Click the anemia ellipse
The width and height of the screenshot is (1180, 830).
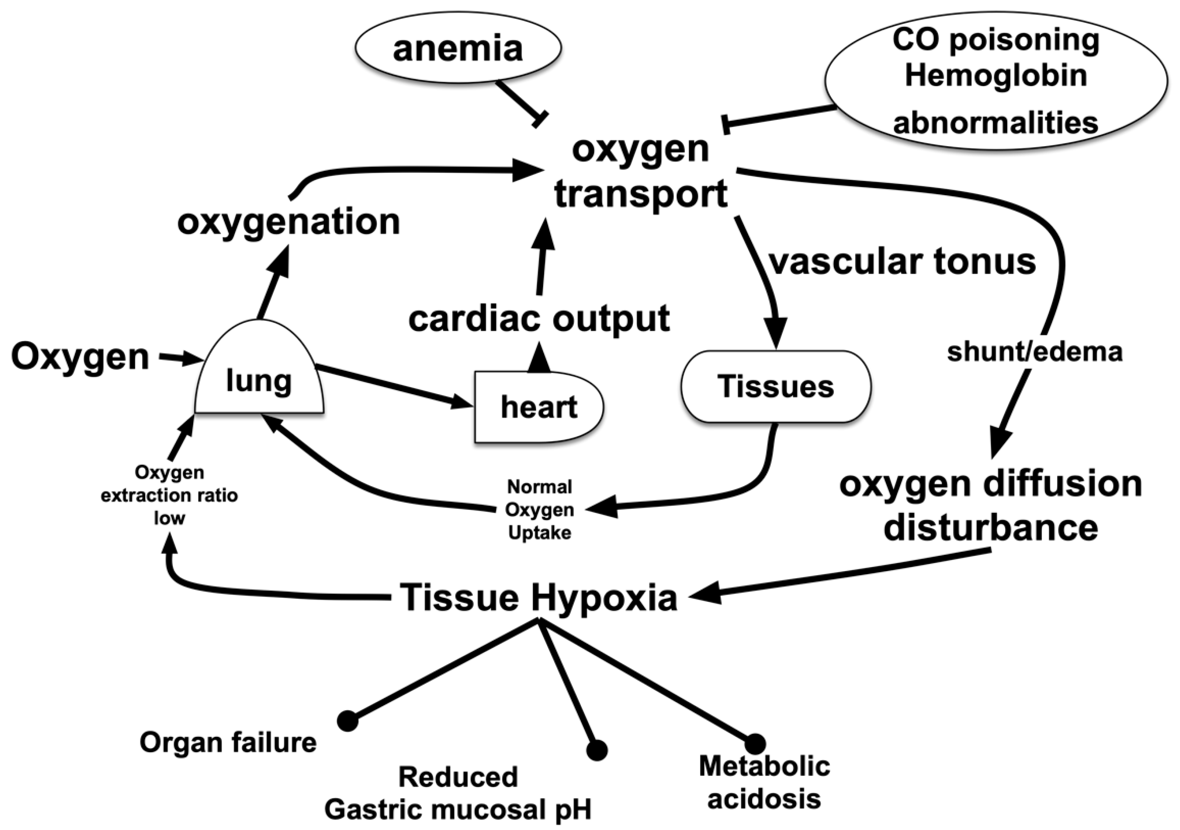[x=457, y=49]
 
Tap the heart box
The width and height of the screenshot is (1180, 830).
[x=538, y=407]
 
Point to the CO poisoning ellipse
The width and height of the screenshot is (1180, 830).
[x=995, y=81]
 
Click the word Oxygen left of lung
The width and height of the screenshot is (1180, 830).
[x=80, y=357]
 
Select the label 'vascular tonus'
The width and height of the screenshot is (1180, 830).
[x=902, y=262]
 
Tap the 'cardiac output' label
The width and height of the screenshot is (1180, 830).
[x=539, y=318]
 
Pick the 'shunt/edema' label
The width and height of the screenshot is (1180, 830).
[x=1034, y=352]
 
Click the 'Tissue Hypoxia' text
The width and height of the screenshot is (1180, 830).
[x=538, y=597]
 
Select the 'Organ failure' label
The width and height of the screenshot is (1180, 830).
[x=228, y=742]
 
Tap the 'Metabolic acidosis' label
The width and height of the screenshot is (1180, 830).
[x=764, y=782]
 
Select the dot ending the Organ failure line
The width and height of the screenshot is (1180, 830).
[x=348, y=721]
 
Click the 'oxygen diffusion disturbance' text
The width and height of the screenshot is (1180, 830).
[x=990, y=506]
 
